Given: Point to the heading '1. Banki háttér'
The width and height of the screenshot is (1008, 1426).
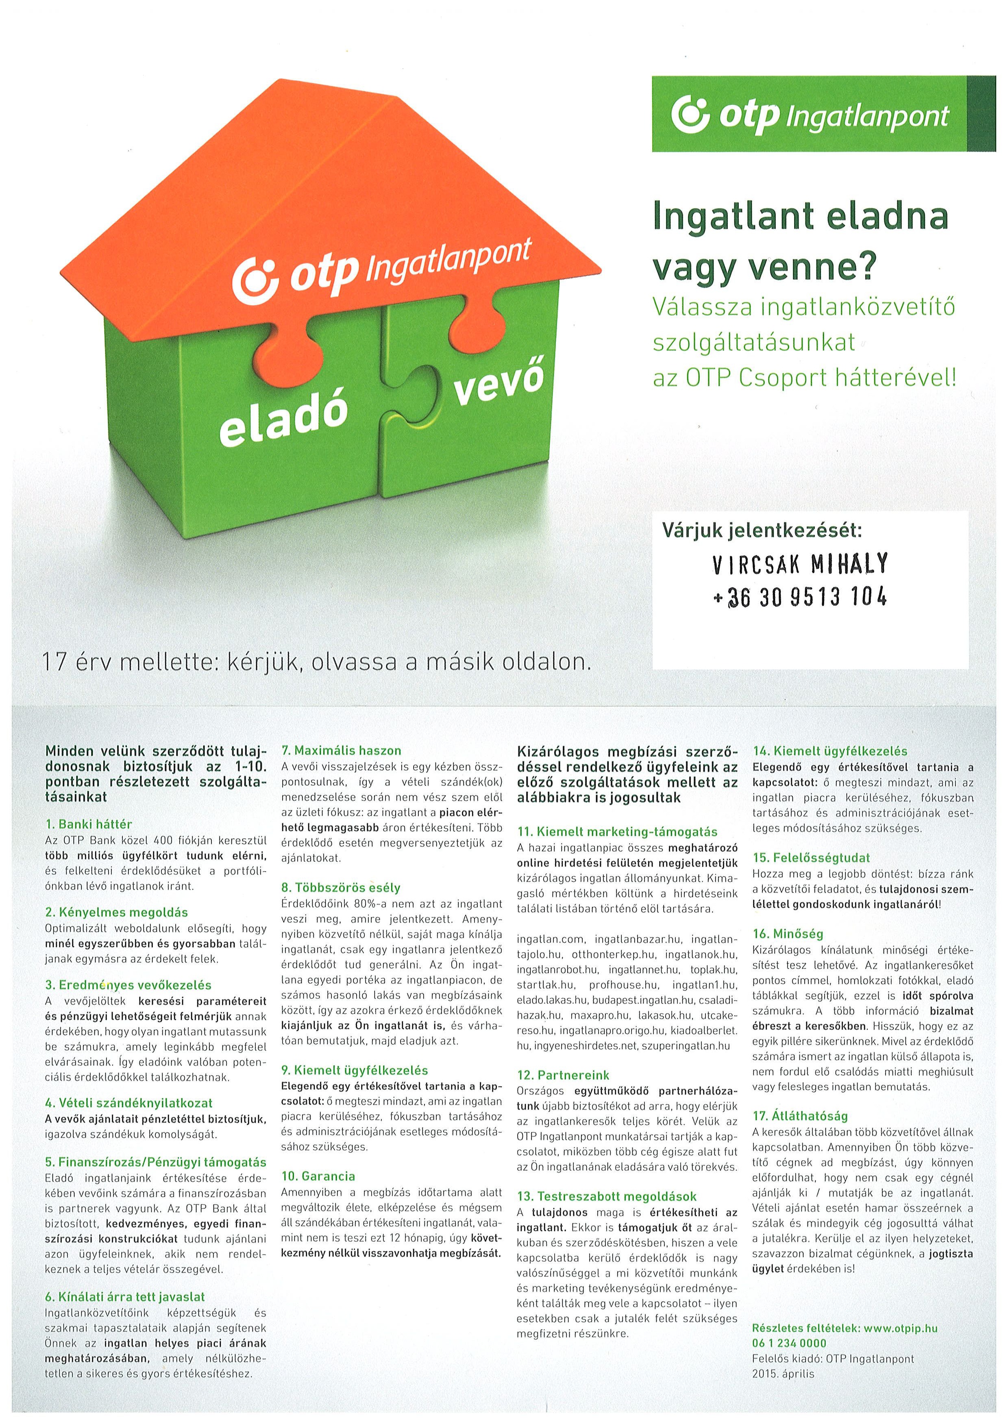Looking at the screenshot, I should [89, 824].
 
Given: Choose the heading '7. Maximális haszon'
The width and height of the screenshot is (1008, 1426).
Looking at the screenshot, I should [341, 750].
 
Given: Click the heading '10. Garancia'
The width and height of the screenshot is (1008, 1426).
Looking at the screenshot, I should [318, 1176].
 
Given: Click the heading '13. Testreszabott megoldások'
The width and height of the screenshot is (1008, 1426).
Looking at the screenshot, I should [607, 1196].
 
